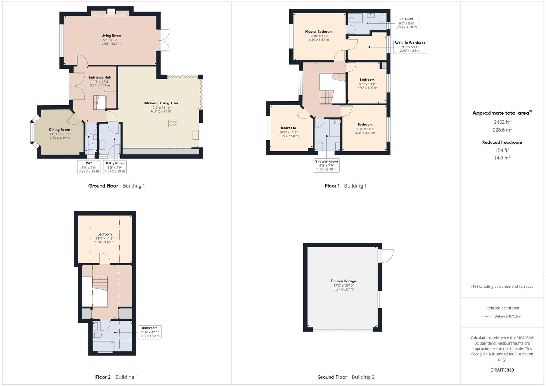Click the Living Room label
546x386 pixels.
click(x=111, y=36)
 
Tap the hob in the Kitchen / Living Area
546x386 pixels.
click(x=172, y=123)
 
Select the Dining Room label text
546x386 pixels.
click(x=59, y=130)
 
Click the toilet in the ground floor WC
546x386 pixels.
click(x=90, y=147)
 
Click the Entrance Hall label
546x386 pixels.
click(x=100, y=77)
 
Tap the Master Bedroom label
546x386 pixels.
click(x=319, y=31)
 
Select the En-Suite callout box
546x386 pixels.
click(x=406, y=23)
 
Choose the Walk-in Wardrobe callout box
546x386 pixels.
click(x=410, y=47)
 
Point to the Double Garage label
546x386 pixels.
click(x=343, y=281)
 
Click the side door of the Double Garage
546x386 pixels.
click(x=385, y=256)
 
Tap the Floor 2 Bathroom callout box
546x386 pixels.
click(x=149, y=332)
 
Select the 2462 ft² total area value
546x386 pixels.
click(x=502, y=122)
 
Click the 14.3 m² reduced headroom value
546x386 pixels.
click(x=502, y=158)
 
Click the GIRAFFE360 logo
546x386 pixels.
click(x=502, y=370)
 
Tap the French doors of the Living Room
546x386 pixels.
click(x=164, y=40)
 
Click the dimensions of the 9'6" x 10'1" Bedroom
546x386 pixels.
click(x=367, y=86)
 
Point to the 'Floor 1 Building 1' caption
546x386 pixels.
click(x=345, y=186)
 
